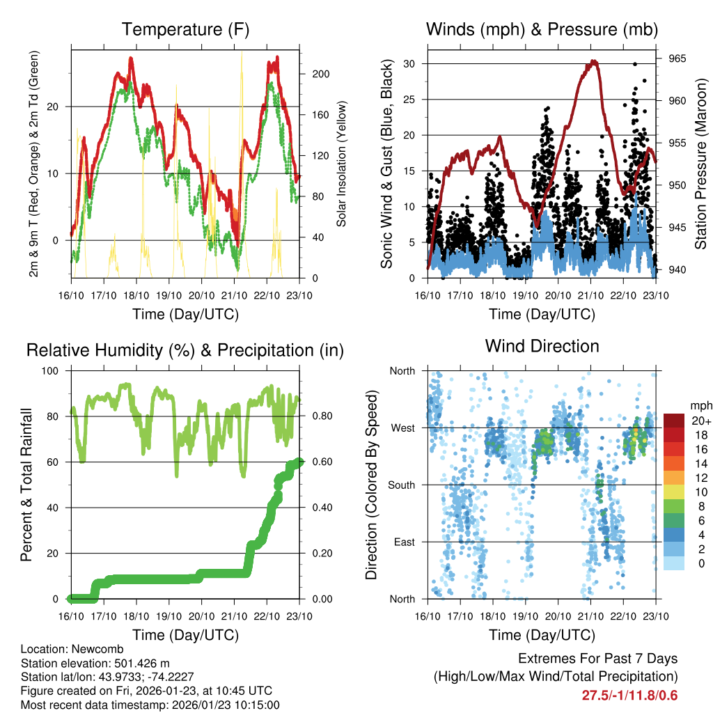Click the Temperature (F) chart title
pos(185,29)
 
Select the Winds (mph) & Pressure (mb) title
pos(542,29)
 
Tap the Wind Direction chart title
pos(542,345)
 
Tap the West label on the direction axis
pos(403,428)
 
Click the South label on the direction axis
pos(402,485)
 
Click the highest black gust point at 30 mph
pos(634,64)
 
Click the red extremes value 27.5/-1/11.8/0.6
pos(629,695)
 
